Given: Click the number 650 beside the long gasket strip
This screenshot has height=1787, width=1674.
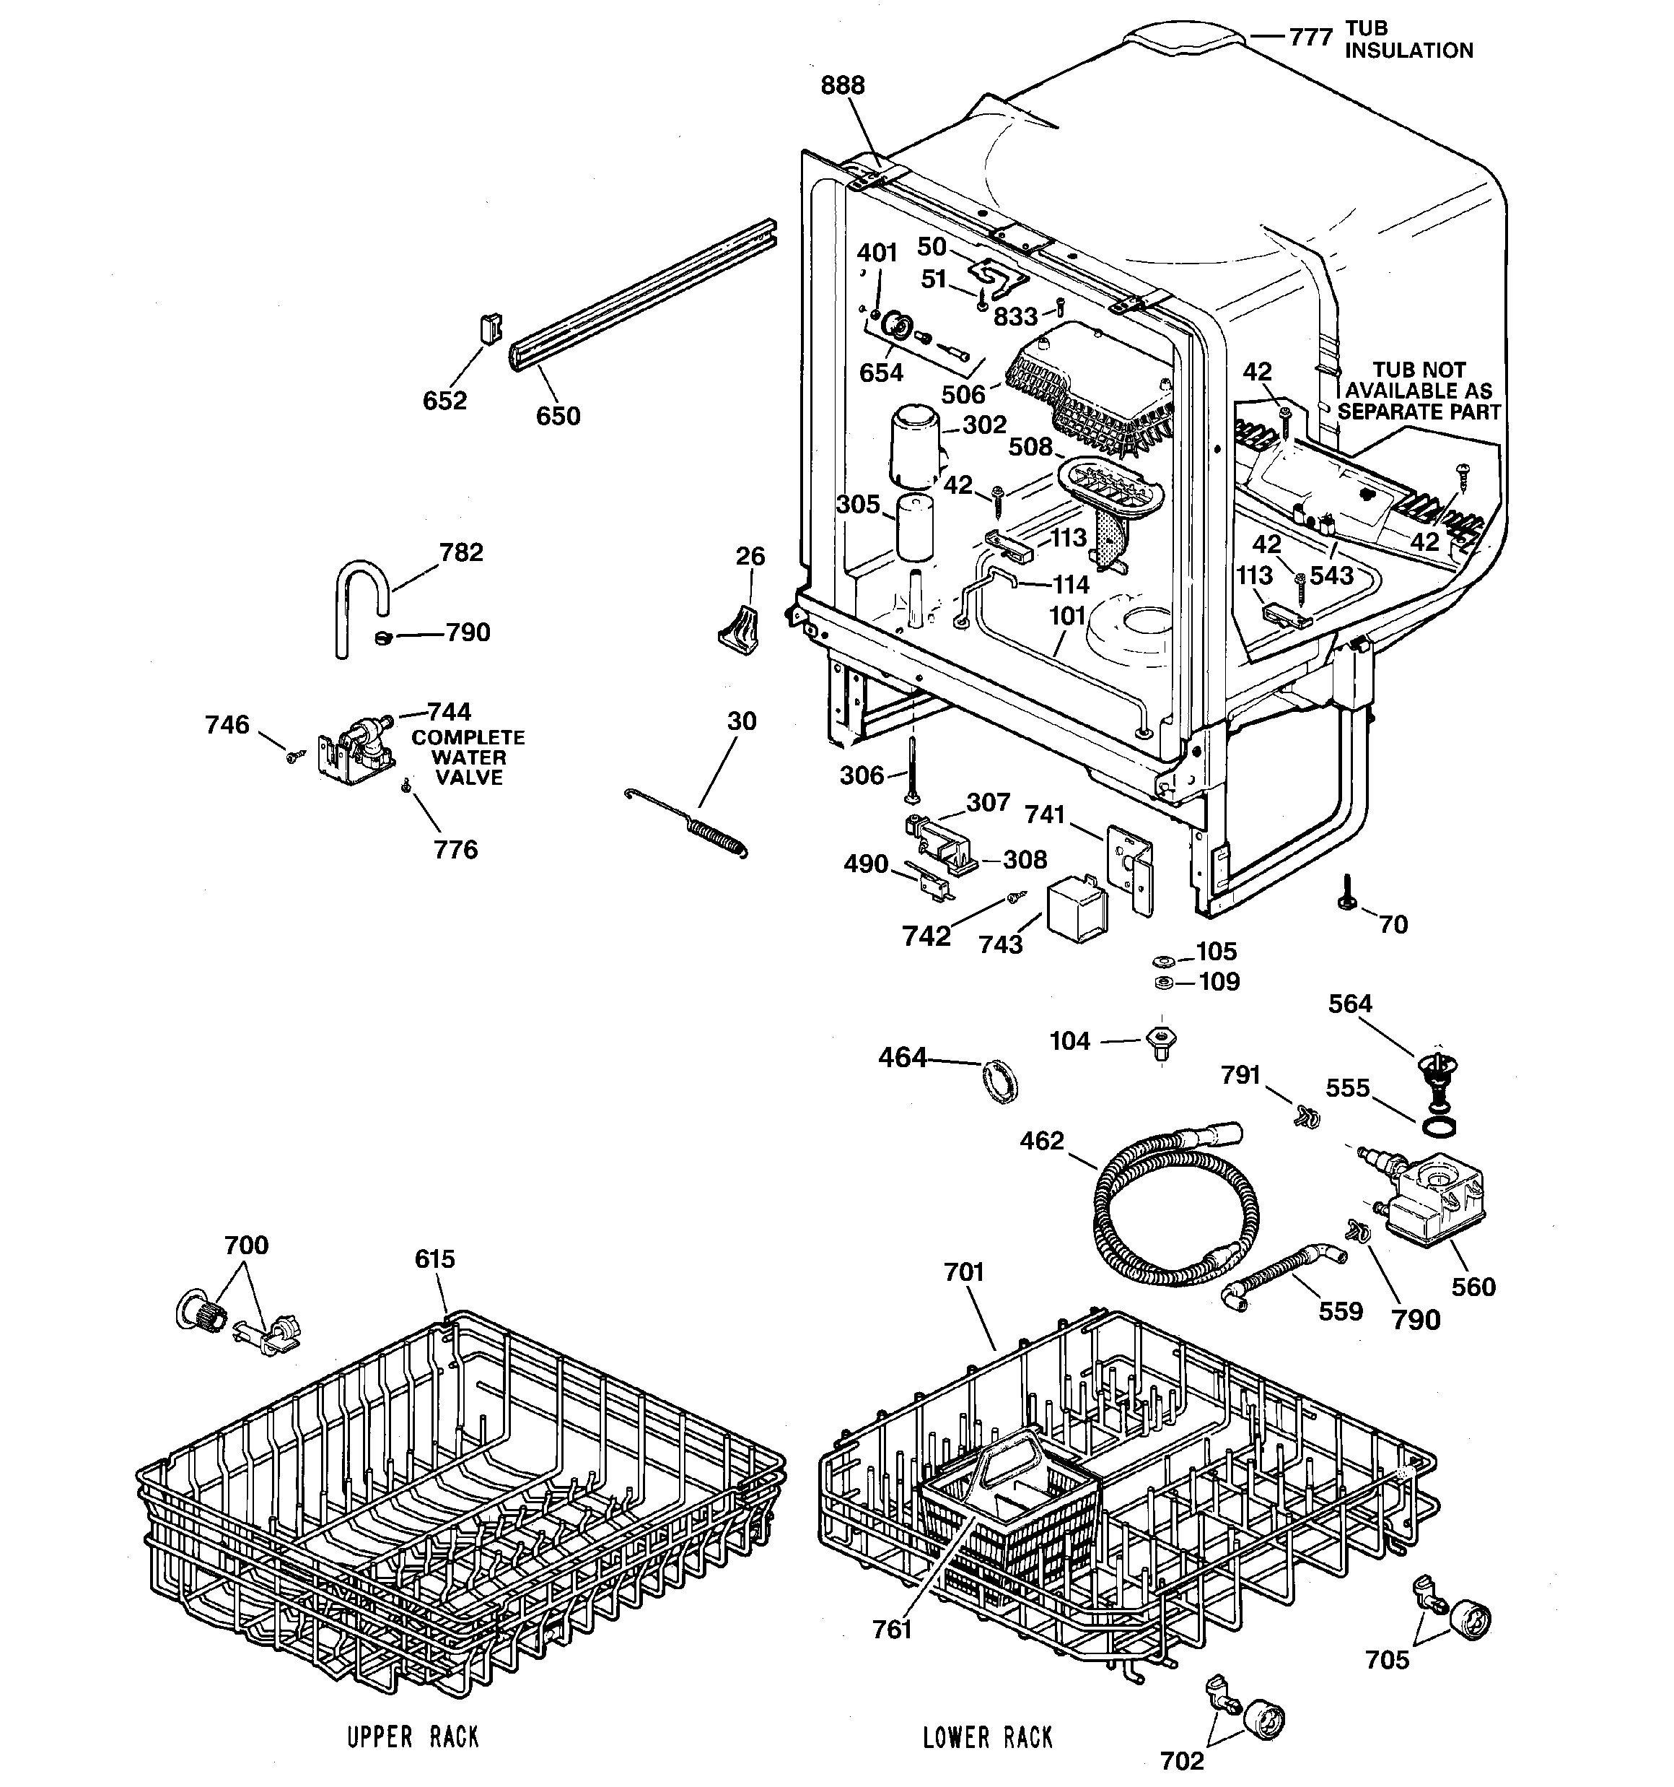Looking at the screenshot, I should [x=558, y=416].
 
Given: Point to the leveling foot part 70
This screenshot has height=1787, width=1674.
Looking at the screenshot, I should [x=1347, y=895].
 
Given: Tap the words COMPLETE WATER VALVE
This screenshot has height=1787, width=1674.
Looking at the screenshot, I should [x=468, y=757].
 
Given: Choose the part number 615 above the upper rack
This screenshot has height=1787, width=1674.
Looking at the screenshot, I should [x=435, y=1259].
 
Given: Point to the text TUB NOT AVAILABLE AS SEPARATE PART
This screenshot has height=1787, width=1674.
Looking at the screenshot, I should [x=1419, y=391].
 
